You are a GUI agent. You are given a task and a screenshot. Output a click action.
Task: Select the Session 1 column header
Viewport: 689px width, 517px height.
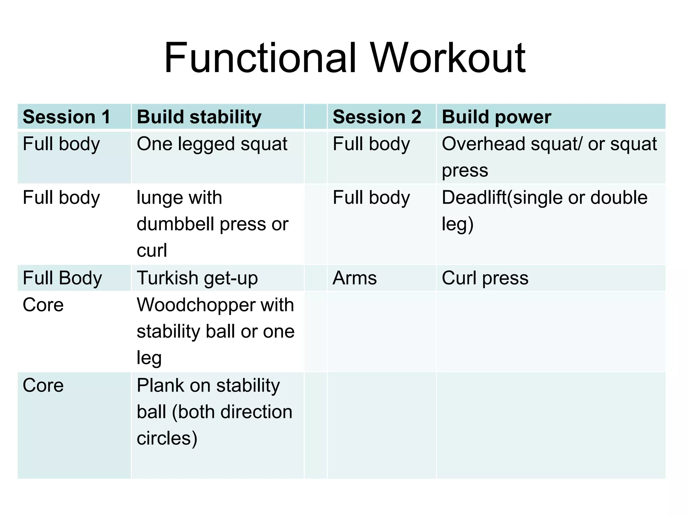tap(67, 117)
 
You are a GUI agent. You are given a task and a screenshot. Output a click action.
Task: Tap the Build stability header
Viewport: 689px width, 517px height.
tap(199, 117)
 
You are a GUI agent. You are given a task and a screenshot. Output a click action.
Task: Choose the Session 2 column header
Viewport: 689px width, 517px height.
tap(377, 117)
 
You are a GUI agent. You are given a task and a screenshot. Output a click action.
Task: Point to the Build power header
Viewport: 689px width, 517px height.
tap(496, 117)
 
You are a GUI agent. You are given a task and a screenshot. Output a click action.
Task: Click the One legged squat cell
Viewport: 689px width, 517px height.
tap(212, 144)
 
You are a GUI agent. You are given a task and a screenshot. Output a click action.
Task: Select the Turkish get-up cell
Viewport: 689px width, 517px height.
tap(197, 278)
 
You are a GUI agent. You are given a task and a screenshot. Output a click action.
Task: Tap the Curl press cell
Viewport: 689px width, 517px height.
tap(485, 278)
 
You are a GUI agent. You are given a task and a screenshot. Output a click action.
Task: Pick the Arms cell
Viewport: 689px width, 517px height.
tap(355, 278)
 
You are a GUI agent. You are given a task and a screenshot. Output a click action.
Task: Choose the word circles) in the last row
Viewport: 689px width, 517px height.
tap(167, 439)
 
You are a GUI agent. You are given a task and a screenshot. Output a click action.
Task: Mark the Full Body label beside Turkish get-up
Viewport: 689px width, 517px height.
tap(62, 278)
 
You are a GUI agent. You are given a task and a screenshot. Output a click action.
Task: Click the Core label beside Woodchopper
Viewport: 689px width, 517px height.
tap(43, 305)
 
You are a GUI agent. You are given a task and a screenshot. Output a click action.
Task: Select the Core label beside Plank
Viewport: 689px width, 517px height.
tap(43, 385)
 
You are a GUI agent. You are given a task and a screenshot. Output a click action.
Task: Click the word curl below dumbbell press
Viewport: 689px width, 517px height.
tap(152, 251)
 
